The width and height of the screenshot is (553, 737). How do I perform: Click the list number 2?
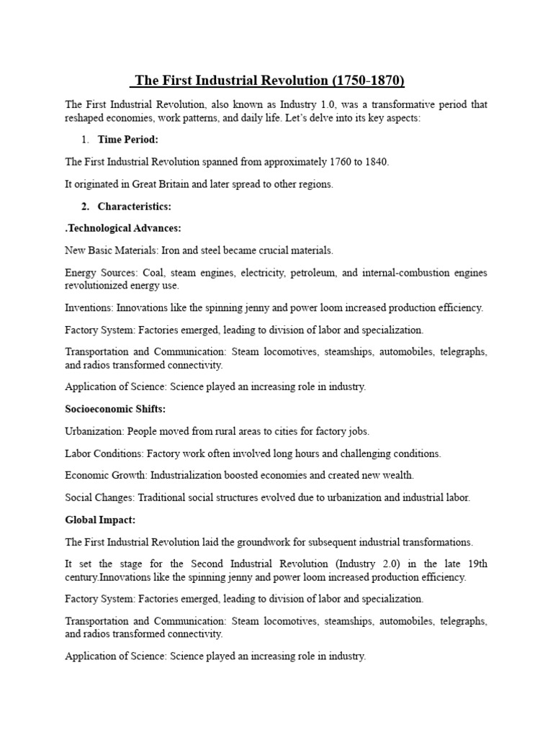tap(85, 207)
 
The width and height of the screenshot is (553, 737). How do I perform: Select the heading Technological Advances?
tap(124, 229)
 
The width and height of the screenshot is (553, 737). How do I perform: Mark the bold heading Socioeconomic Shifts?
tap(115, 409)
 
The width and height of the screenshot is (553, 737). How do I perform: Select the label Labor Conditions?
tap(104, 453)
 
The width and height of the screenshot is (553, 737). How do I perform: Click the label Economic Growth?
tap(105, 476)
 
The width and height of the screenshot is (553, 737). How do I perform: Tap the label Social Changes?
tap(99, 498)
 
